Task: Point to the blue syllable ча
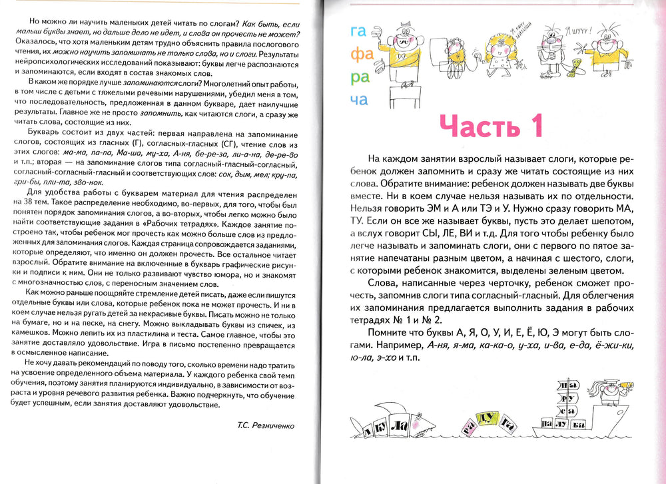[358, 99]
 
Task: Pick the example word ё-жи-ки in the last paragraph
[597, 345]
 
